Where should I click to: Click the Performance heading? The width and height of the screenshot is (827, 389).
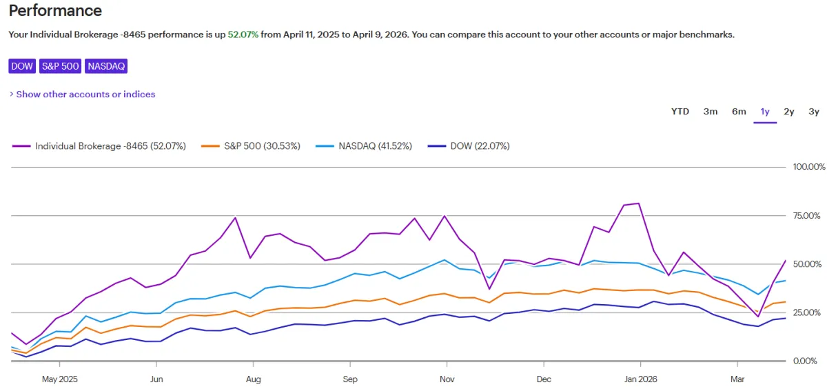click(55, 11)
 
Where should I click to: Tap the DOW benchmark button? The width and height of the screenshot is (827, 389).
click(23, 66)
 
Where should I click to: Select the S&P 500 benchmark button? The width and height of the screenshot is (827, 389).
click(61, 66)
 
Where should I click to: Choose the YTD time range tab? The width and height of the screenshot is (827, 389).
click(680, 112)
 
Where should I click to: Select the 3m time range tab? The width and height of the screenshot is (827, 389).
click(710, 112)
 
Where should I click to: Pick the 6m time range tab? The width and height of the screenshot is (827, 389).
click(739, 112)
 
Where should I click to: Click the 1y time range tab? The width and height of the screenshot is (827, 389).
click(765, 112)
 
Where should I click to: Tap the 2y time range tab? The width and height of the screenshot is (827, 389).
click(789, 112)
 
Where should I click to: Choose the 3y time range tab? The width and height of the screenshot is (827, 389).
click(814, 112)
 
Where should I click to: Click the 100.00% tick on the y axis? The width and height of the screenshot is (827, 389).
click(808, 167)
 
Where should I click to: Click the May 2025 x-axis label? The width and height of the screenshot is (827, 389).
click(60, 379)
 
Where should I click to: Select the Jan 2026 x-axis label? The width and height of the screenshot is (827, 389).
click(640, 379)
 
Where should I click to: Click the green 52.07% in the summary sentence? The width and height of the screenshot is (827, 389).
click(243, 34)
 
